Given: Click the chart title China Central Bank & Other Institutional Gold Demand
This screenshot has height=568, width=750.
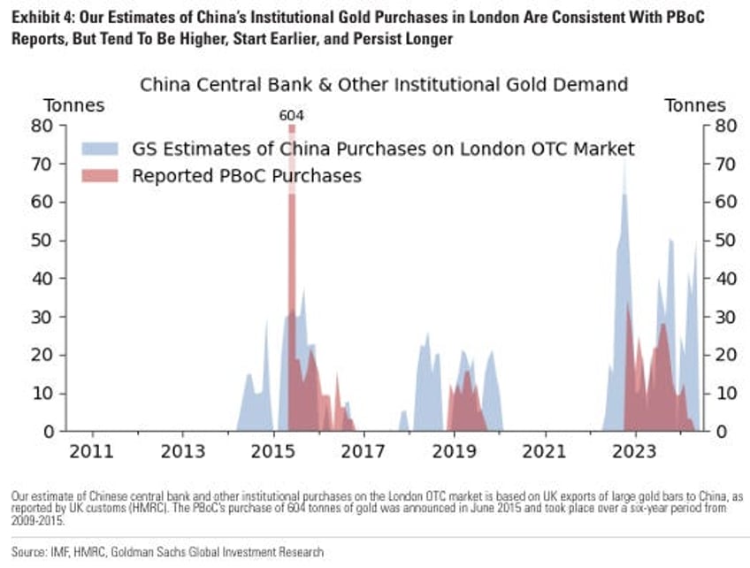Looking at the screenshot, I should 384,85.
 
